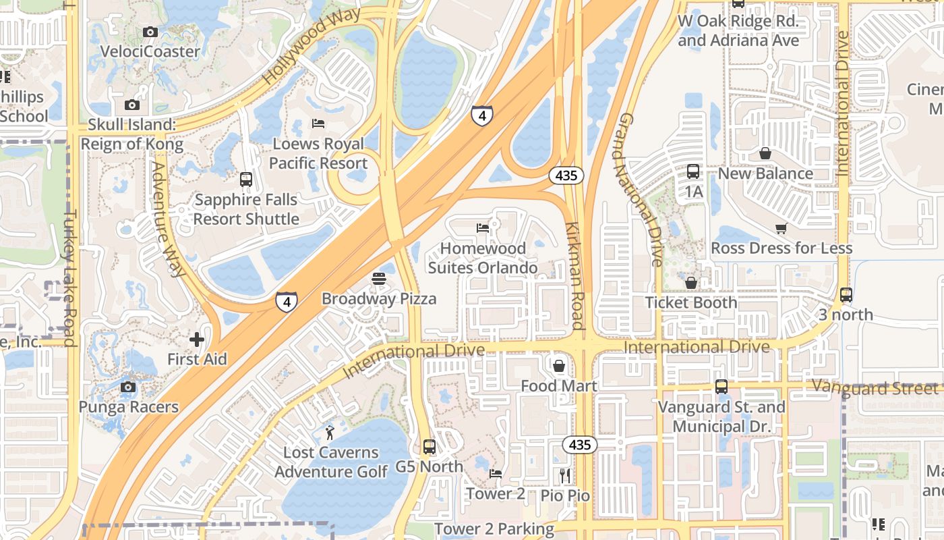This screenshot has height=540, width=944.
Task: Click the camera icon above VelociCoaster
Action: click(150, 32)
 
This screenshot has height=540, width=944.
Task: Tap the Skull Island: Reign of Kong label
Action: click(131, 134)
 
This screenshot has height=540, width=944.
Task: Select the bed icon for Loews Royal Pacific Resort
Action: click(318, 124)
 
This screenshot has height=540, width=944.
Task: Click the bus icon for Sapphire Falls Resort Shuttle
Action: click(246, 180)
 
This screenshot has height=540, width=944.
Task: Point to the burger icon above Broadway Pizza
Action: click(379, 279)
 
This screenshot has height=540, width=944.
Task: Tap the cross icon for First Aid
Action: click(197, 340)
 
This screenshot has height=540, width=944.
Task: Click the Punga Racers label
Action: click(128, 407)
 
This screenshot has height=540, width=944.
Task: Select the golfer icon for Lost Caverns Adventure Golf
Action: click(330, 432)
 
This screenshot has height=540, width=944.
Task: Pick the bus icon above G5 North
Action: click(429, 447)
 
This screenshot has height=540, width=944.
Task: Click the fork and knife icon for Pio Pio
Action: click(565, 476)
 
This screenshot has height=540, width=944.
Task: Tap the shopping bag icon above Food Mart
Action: click(559, 366)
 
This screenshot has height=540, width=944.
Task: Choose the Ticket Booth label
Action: click(691, 302)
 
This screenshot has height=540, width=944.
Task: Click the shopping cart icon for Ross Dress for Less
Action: click(781, 228)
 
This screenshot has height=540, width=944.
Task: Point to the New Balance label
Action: click(765, 173)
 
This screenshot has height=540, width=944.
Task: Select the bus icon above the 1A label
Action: click(693, 171)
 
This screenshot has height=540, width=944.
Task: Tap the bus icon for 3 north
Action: click(846, 295)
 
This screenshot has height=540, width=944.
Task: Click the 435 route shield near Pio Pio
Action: click(579, 444)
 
